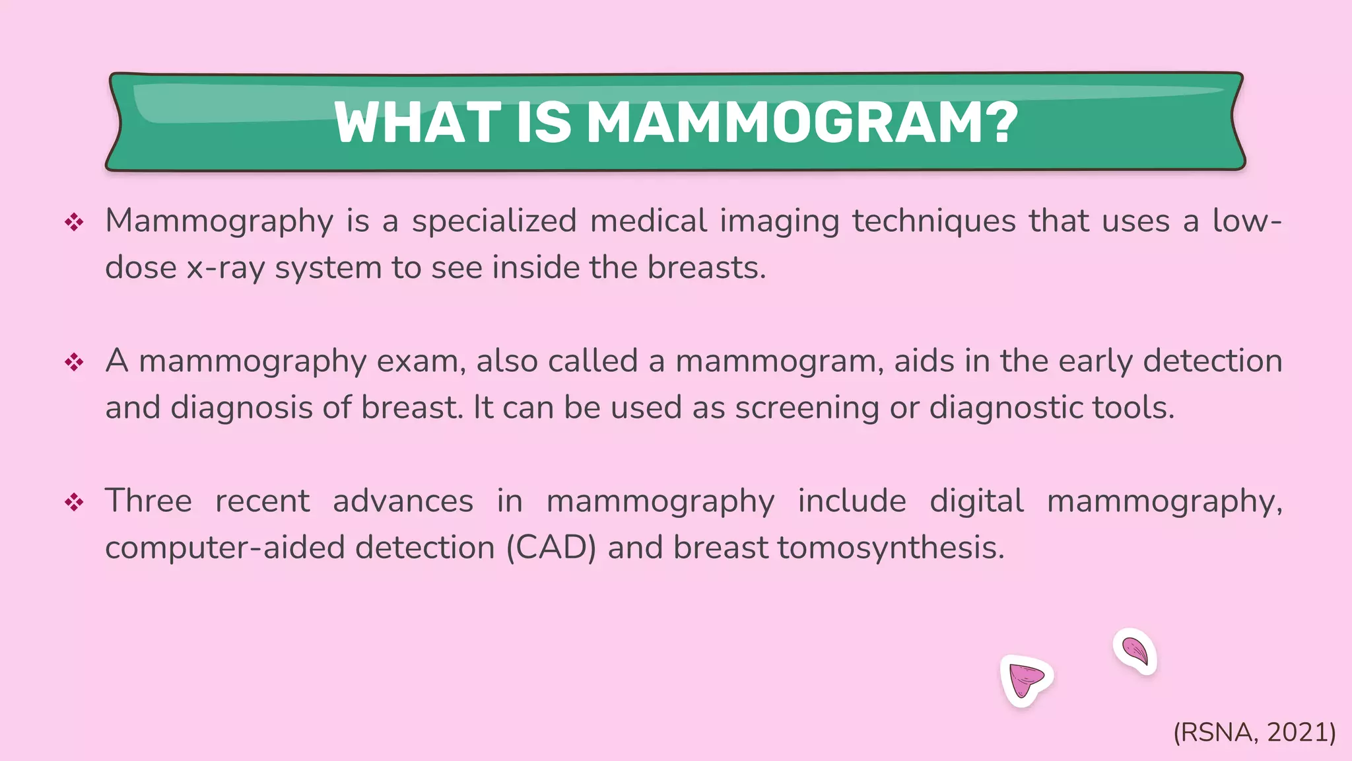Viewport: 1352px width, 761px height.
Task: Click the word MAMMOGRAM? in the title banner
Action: point(802,122)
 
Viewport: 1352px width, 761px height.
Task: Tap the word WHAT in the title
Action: point(417,122)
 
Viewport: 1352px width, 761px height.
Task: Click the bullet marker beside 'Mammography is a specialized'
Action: point(74,222)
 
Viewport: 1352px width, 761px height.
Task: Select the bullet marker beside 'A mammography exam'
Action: point(74,362)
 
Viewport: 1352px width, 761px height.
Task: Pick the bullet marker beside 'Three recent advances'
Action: point(74,503)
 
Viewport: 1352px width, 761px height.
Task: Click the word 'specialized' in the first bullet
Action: point(494,221)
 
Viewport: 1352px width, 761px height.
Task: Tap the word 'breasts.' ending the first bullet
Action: point(706,268)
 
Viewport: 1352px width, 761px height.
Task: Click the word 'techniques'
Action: point(933,221)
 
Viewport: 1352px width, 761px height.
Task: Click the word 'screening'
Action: point(807,408)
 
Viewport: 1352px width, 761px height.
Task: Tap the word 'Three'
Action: point(149,501)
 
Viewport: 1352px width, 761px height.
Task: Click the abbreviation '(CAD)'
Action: point(551,548)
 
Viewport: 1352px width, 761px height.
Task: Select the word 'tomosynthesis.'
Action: point(891,548)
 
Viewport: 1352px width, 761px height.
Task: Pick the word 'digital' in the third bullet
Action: point(976,501)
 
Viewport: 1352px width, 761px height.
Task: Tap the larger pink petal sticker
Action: point(1025,680)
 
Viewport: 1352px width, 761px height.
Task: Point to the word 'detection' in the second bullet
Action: point(1212,361)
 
